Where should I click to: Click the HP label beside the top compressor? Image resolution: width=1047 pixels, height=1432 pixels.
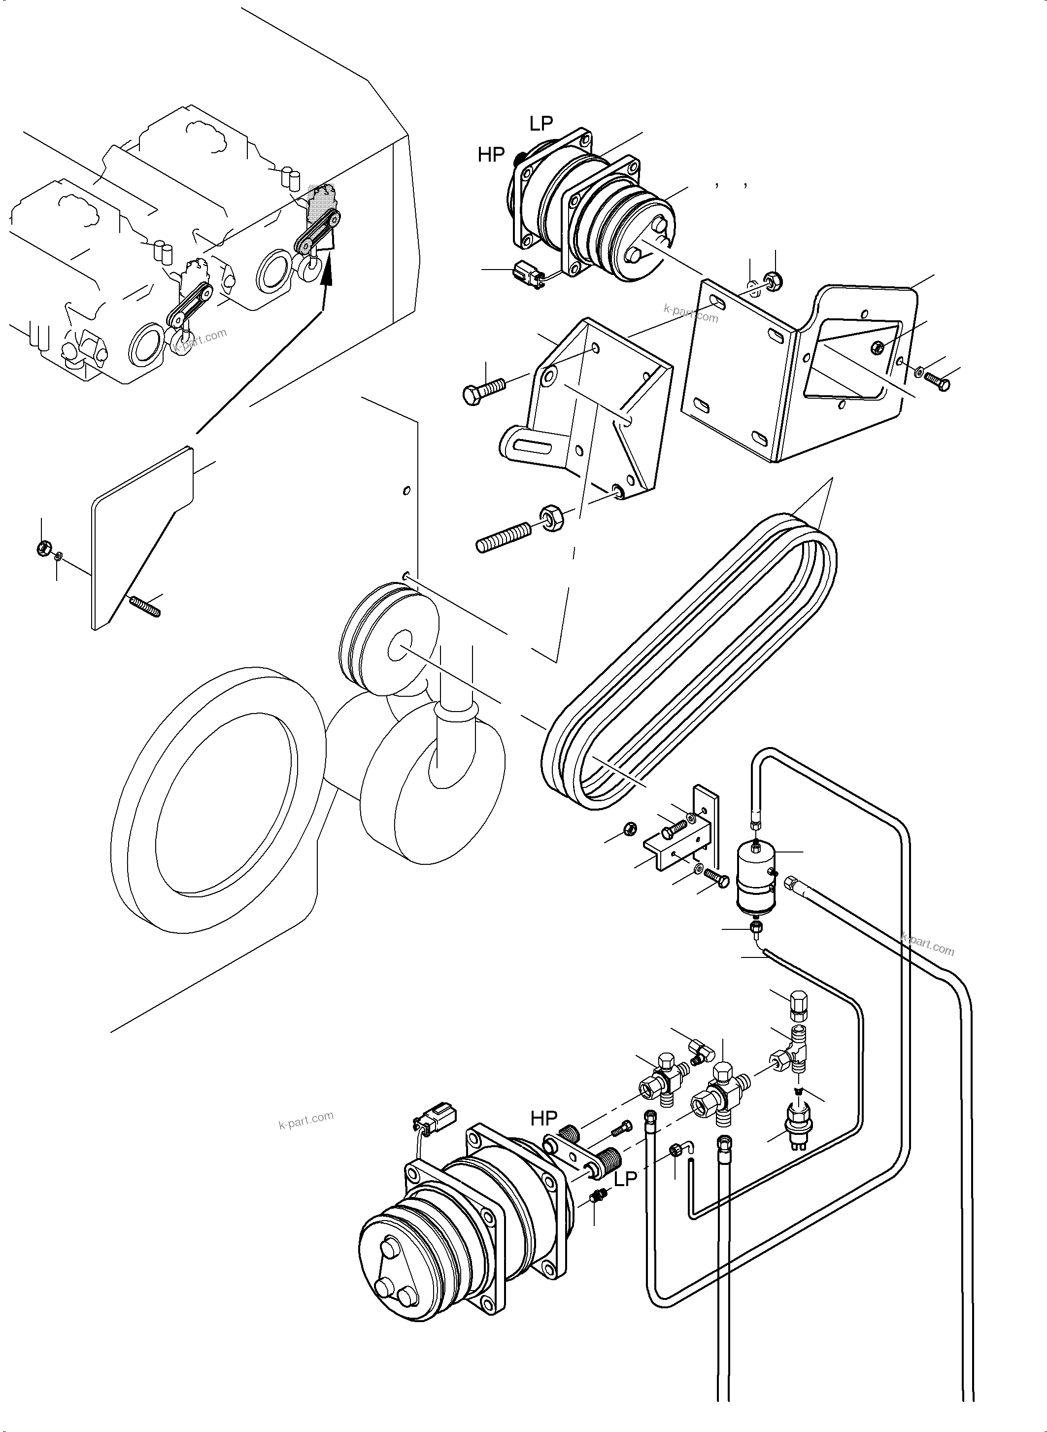(x=491, y=155)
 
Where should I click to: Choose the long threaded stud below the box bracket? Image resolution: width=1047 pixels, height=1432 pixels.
(x=504, y=538)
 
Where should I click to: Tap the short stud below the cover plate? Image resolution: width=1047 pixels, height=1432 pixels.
(x=146, y=606)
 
